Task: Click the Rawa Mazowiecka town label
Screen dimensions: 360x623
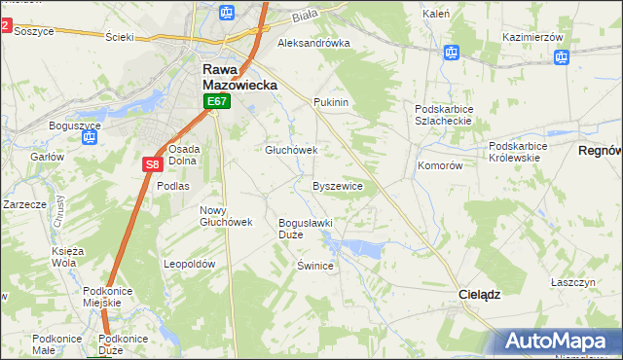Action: pos(239,77)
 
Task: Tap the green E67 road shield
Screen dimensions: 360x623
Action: pos(216,101)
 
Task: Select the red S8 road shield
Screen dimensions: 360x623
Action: pos(151,164)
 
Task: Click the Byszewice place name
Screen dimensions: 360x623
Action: pos(338,185)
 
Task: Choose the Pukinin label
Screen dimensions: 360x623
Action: pos(331,101)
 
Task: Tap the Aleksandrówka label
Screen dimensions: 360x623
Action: pos(313,43)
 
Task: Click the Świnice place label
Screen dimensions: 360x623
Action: pos(315,266)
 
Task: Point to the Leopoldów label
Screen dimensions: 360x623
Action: pos(189,264)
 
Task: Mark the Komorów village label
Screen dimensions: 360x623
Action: pos(439,165)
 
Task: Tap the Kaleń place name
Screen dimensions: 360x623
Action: pos(435,14)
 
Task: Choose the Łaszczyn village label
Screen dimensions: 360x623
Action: pos(571,281)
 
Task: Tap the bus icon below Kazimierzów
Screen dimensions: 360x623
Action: pos(561,57)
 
